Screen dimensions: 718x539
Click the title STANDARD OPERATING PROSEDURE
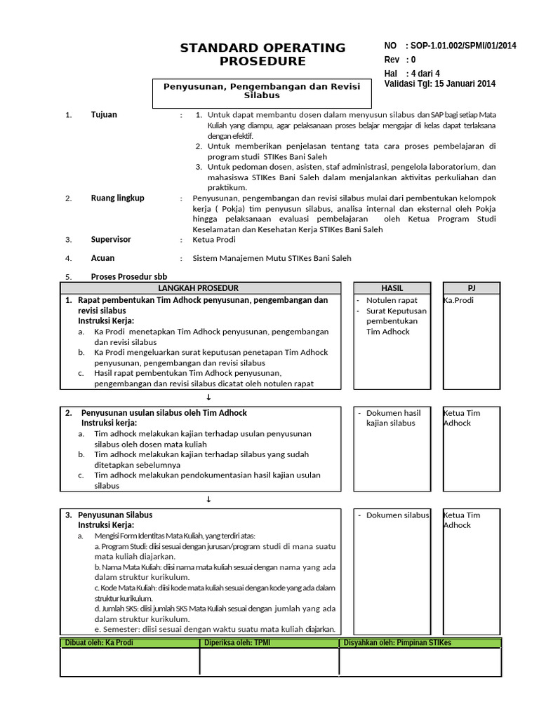tap(262, 54)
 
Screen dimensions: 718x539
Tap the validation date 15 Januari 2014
tap(466, 83)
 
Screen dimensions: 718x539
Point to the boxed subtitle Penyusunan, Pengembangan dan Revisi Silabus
tap(262, 90)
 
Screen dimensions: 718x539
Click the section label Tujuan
tap(104, 114)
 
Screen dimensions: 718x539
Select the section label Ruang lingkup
tap(117, 198)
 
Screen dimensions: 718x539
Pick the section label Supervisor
tap(111, 239)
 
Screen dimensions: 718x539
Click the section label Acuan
tap(103, 258)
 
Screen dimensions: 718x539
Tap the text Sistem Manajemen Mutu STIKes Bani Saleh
tap(272, 258)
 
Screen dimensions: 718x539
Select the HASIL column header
tap(392, 288)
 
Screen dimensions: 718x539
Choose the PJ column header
tap(472, 288)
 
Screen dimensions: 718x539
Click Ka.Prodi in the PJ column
tap(459, 300)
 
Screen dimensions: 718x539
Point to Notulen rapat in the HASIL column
tap(392, 300)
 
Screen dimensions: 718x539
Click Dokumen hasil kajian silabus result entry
tap(393, 418)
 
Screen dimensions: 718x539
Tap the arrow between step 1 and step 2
tap(208, 397)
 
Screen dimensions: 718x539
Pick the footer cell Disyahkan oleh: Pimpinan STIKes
tap(397, 642)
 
